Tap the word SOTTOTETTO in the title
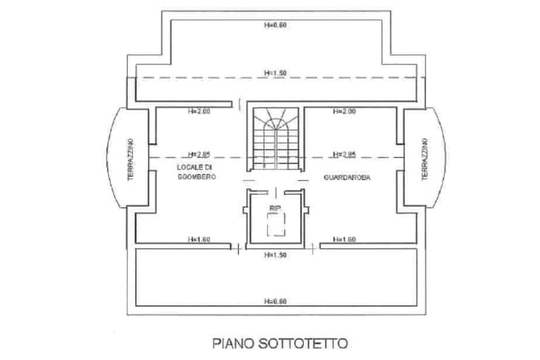click(x=303, y=344)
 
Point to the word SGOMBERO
click(x=197, y=178)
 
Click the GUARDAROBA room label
click(x=347, y=178)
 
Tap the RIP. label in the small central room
click(x=275, y=209)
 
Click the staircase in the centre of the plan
click(x=275, y=139)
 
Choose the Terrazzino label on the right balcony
click(x=425, y=159)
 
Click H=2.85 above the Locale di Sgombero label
click(x=199, y=154)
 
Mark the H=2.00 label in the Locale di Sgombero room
click(x=199, y=112)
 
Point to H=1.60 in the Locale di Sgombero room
click(x=199, y=240)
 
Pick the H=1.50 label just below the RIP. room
click(x=275, y=255)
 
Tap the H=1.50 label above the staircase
click(x=275, y=73)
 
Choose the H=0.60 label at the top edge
click(x=275, y=25)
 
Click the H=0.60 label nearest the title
click(x=275, y=301)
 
